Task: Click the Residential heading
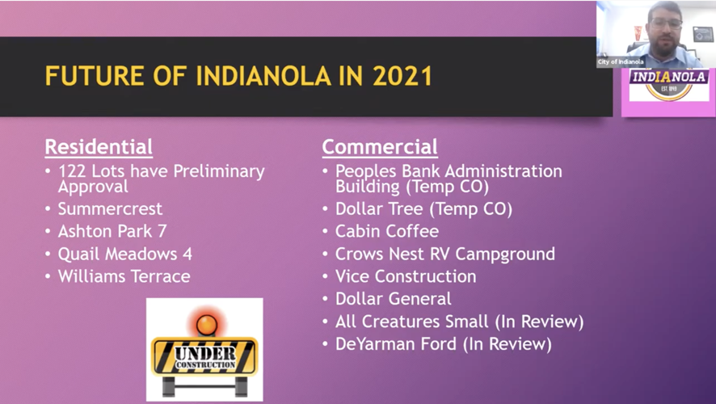pos(99,147)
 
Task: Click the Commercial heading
pos(380,147)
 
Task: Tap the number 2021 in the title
pos(402,76)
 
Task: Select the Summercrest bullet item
pos(110,209)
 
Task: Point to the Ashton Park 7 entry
pos(112,231)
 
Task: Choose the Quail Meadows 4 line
pos(124,254)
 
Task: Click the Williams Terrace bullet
pos(124,276)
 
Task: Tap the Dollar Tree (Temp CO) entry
pos(423,208)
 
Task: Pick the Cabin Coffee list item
pos(387,231)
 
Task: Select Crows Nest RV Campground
pos(444,254)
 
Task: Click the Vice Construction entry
pos(406,276)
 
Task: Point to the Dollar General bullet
pos(394,299)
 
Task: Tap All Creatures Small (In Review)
pos(459,322)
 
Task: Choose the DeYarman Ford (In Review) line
pos(443,344)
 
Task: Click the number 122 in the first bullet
pos(73,171)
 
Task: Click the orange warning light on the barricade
pos(206,323)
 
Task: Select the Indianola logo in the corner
pos(668,86)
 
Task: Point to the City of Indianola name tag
pos(621,61)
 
